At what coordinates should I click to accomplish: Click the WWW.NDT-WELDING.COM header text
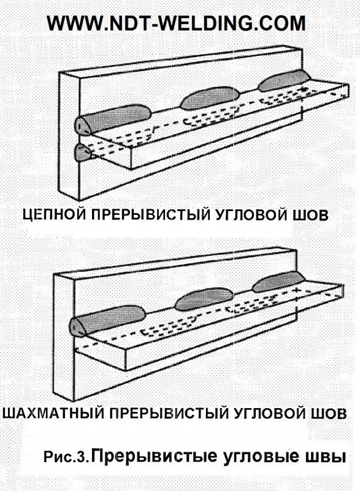(x=176, y=23)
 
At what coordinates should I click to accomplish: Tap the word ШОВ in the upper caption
(x=313, y=215)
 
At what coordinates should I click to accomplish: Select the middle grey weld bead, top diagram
(x=212, y=95)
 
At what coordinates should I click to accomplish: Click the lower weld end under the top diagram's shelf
(x=82, y=152)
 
